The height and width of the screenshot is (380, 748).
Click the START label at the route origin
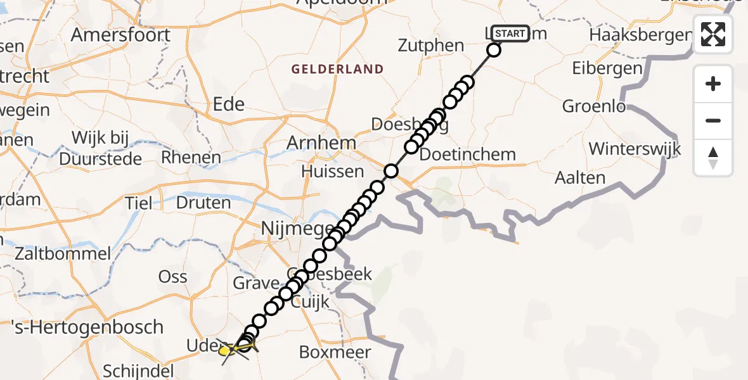(x=510, y=34)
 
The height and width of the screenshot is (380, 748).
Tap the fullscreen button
(x=713, y=34)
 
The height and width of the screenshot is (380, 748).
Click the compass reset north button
(x=713, y=158)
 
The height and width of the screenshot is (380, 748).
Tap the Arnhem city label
(x=321, y=143)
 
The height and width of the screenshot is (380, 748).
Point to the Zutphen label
(x=431, y=46)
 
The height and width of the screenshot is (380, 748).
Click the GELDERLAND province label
(x=338, y=69)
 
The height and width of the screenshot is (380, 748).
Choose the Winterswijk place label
(x=635, y=149)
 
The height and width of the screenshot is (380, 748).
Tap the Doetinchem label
(x=468, y=155)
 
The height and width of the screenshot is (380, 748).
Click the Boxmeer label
(x=344, y=353)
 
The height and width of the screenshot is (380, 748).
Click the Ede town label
(x=229, y=104)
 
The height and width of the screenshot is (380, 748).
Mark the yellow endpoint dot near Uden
(x=224, y=350)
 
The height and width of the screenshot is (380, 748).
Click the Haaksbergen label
(x=639, y=35)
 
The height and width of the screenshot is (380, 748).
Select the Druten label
(x=203, y=203)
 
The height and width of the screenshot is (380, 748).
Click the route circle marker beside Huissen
(x=391, y=171)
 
